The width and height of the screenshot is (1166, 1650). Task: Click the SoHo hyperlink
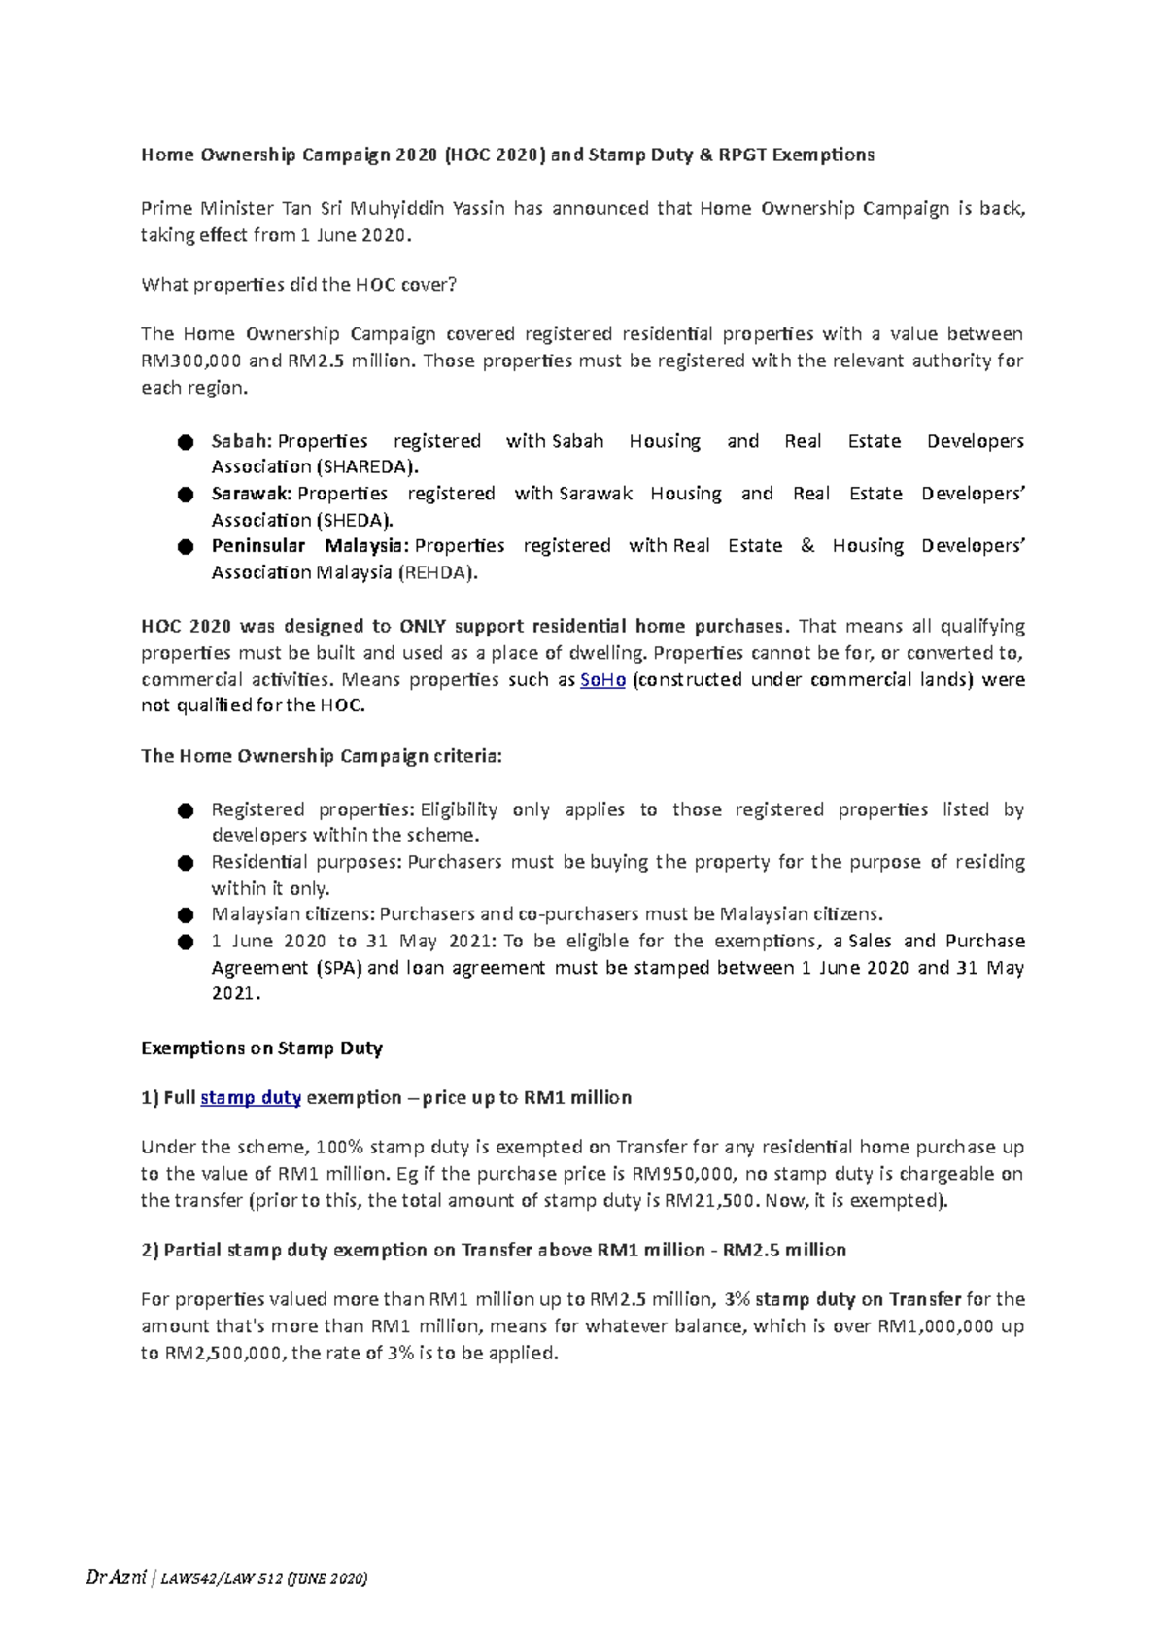602,680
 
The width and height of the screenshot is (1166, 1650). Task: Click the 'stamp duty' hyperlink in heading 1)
251,1098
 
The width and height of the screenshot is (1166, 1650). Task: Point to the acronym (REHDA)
438,573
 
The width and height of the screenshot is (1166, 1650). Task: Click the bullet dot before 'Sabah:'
186,443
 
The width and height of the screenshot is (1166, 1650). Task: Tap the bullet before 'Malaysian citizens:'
186,915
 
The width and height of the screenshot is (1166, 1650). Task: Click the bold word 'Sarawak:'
252,494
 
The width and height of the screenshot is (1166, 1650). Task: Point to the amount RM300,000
191,361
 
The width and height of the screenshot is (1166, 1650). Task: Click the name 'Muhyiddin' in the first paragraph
394,208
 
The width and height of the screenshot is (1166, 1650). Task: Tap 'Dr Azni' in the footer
116,1579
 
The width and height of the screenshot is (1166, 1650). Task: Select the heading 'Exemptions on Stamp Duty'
261,1048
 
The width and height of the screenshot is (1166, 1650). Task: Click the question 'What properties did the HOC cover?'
298,285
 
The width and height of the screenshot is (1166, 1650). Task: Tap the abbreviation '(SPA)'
339,968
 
